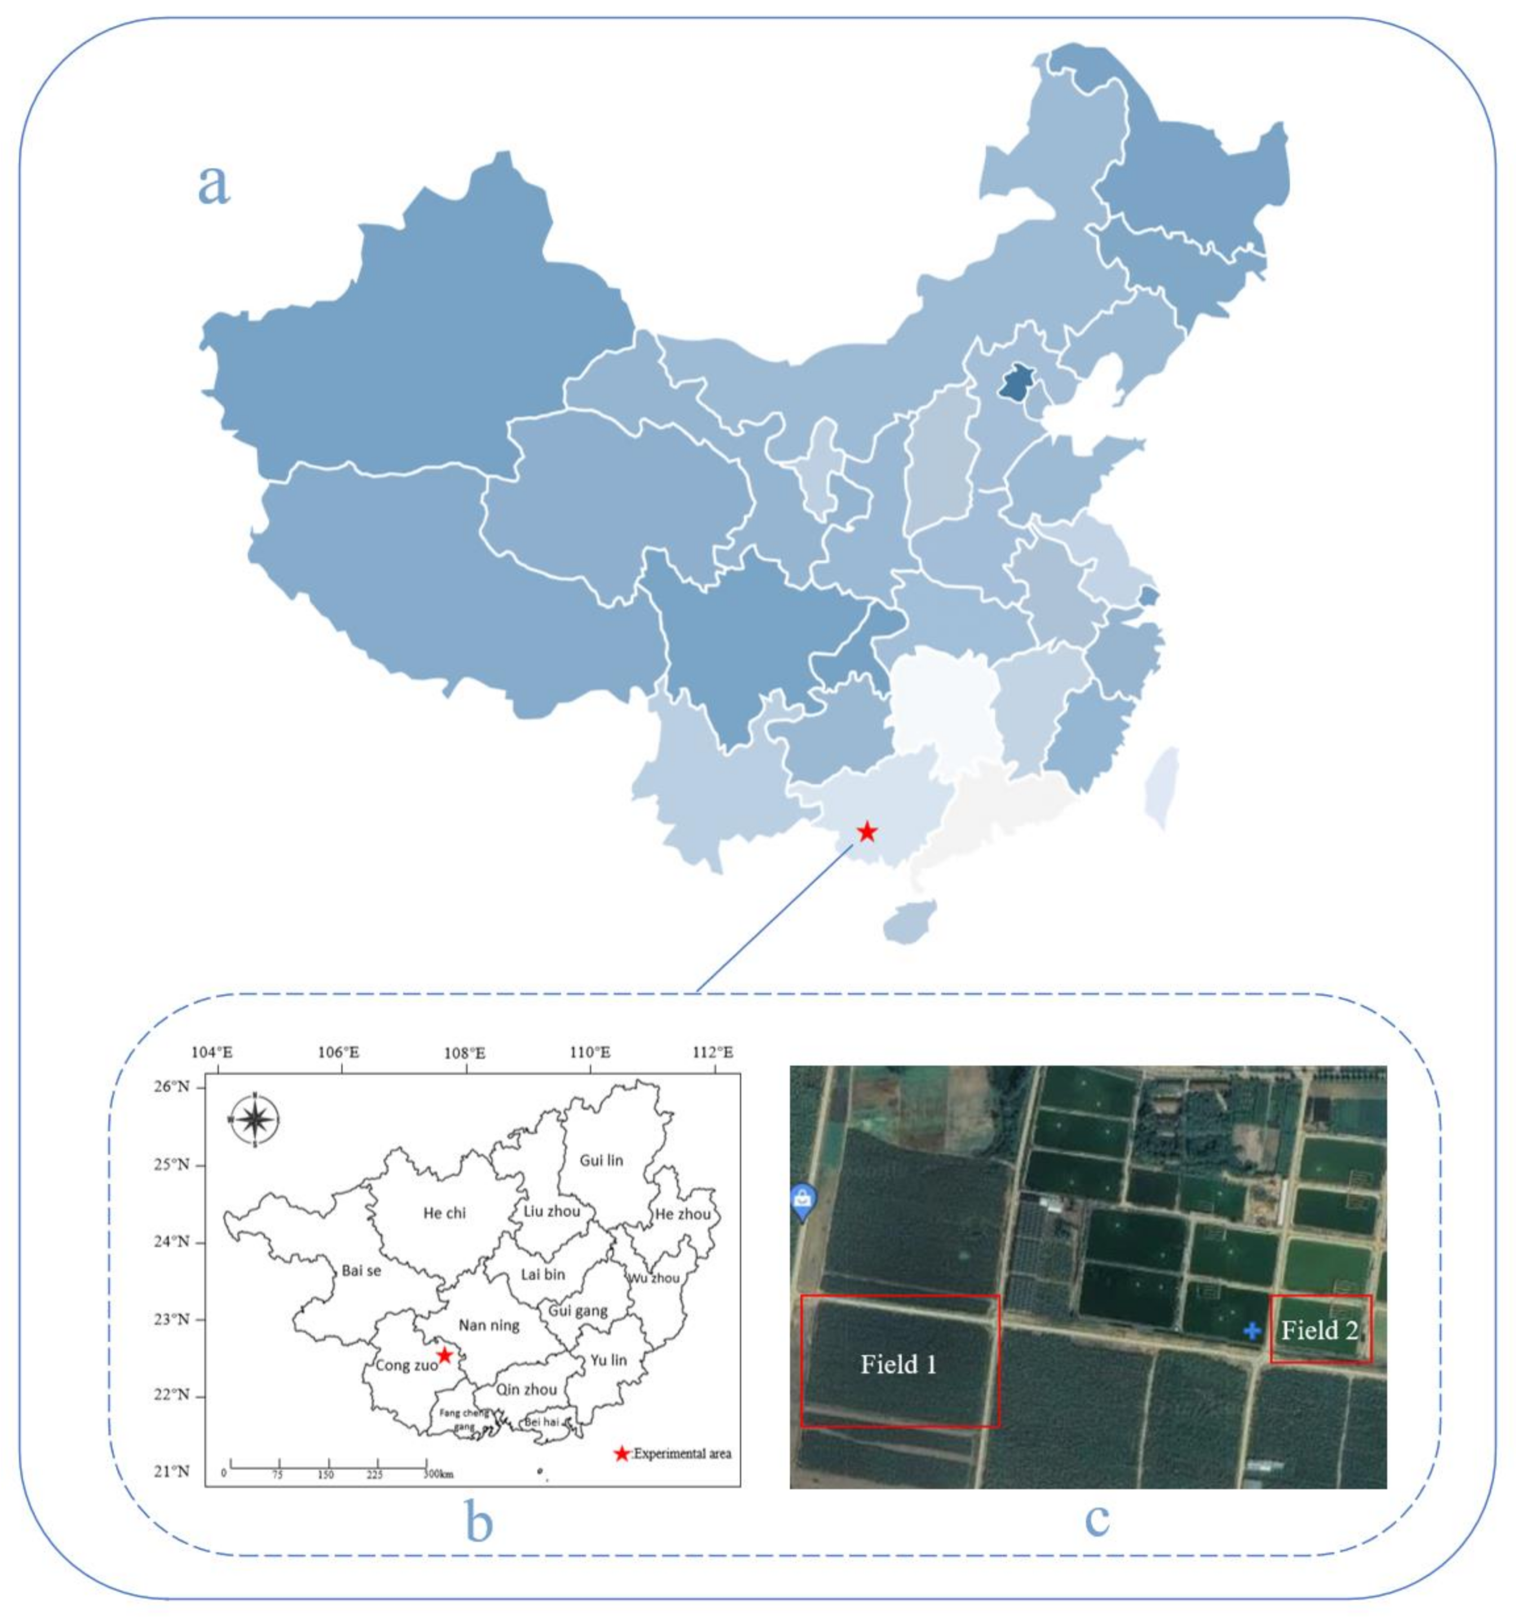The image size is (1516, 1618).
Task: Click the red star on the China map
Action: [x=867, y=832]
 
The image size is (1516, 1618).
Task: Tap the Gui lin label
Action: [x=601, y=1161]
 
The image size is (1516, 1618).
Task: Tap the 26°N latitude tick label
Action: [x=173, y=1087]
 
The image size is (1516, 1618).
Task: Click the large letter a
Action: [x=214, y=185]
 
